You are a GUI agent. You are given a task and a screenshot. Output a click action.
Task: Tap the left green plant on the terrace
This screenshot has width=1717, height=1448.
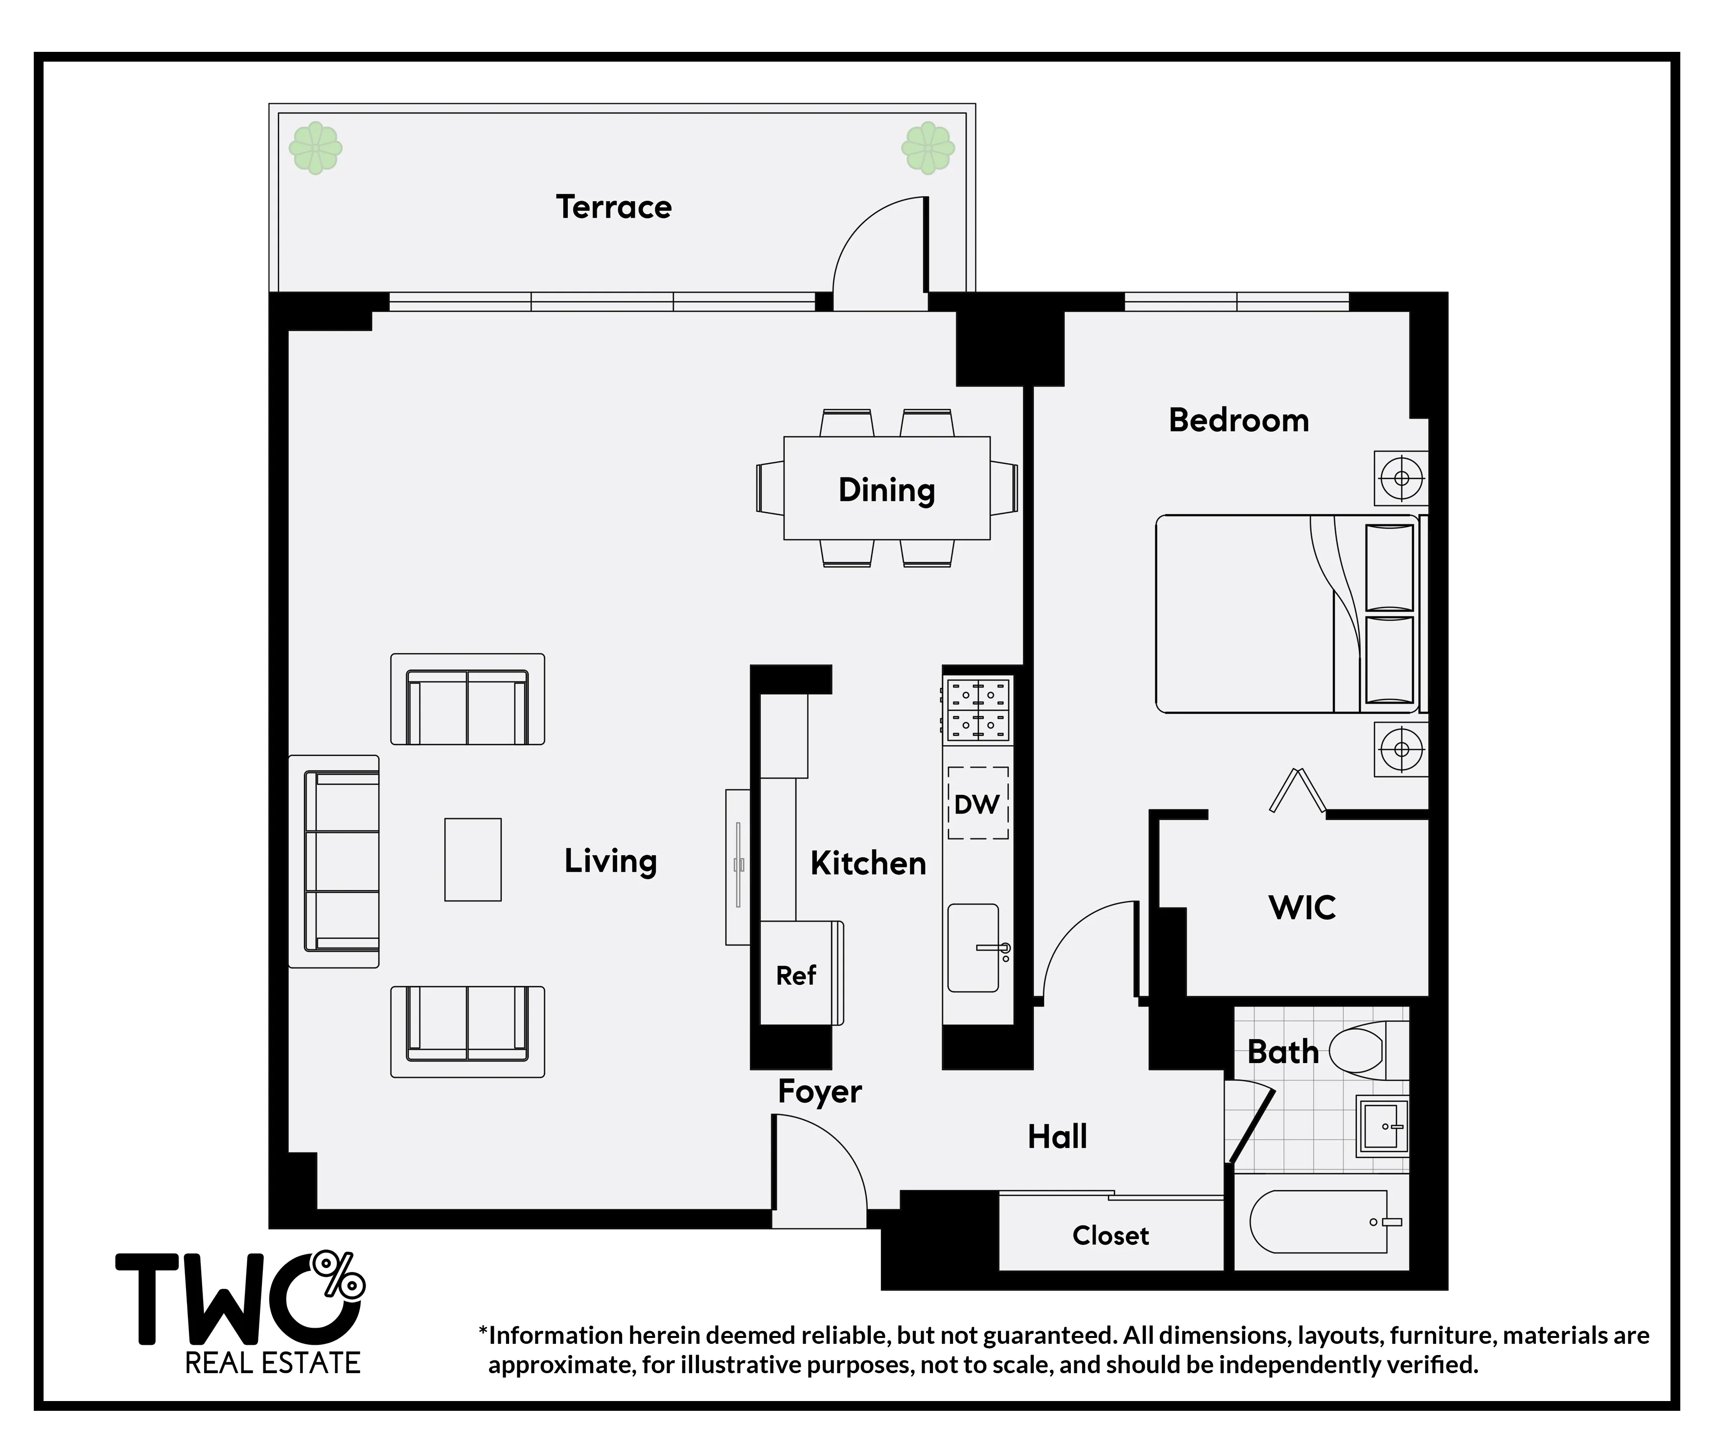click(315, 149)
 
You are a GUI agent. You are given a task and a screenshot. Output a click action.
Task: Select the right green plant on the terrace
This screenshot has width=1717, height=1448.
click(928, 149)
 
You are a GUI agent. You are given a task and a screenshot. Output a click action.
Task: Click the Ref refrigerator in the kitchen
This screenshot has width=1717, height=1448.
click(796, 974)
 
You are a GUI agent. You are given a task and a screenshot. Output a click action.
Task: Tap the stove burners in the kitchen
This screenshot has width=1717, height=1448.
click(978, 710)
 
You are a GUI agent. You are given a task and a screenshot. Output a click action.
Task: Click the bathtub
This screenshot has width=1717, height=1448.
click(1318, 1222)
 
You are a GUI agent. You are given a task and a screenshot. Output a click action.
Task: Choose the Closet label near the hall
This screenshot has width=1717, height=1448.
click(1110, 1235)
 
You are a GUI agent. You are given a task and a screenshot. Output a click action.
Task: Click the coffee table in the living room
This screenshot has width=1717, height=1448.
click(473, 860)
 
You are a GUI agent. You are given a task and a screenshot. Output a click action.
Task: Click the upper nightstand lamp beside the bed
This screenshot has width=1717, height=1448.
click(1401, 478)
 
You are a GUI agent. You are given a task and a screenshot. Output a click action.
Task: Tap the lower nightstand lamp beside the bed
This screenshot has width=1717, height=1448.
click(1401, 748)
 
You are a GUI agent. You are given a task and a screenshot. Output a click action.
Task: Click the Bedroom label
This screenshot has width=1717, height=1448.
click(1238, 420)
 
